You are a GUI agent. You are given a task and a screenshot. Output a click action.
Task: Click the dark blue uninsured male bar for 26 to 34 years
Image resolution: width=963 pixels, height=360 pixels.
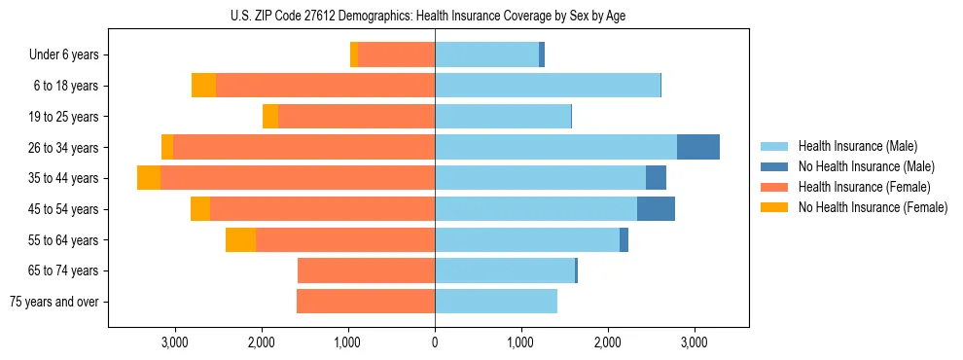697,147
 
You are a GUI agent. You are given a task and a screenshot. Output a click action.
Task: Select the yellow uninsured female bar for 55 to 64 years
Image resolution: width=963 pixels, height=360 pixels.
240,240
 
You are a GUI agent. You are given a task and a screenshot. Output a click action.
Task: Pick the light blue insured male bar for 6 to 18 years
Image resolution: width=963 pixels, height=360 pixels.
548,86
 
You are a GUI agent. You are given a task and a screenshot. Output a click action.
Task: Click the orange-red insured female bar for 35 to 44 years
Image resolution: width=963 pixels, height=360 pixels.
298,178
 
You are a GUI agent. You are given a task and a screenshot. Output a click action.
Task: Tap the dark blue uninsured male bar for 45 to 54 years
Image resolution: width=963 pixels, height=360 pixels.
656,209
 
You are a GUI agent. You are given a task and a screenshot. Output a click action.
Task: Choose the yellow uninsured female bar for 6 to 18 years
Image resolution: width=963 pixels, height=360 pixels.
203,86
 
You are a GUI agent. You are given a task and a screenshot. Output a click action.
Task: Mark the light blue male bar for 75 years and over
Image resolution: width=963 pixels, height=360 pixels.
496,302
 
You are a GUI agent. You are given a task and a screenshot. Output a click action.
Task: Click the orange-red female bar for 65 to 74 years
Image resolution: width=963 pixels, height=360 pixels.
366,270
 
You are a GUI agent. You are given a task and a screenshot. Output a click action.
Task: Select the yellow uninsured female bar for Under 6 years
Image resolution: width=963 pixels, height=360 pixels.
354,54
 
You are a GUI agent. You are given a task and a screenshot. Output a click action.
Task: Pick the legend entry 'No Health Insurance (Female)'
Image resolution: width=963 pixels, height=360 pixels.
873,207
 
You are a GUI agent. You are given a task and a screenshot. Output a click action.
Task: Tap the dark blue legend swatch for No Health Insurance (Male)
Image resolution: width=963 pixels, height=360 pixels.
775,166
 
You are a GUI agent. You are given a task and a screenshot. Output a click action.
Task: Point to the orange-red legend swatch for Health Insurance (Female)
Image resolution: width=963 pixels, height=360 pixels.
775,187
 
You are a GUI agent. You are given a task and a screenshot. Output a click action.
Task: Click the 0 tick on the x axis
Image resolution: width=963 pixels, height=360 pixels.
435,343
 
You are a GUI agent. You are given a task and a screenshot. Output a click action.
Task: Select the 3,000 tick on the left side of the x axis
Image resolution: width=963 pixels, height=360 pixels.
175,343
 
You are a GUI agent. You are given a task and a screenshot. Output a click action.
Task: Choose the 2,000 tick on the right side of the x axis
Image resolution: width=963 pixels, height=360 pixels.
607,343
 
